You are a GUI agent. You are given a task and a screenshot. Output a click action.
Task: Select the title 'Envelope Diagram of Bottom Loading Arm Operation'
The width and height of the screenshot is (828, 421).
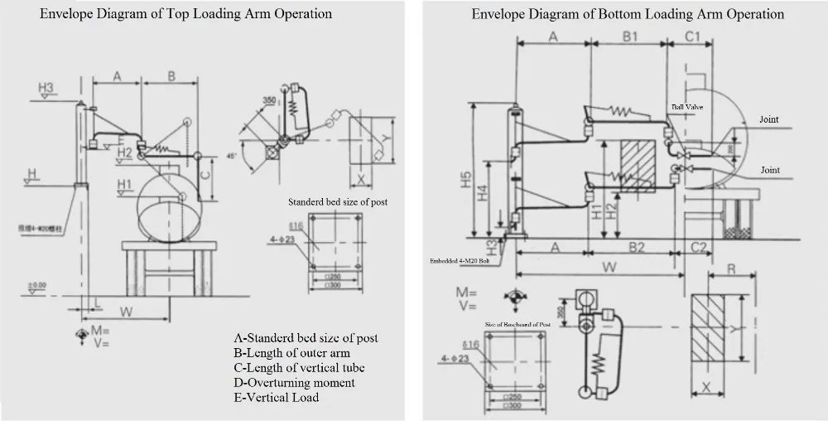coord(628,14)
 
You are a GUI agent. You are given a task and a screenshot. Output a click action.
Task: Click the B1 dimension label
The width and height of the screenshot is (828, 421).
coord(630,36)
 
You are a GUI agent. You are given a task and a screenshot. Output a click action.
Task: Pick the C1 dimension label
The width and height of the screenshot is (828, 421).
coord(694,36)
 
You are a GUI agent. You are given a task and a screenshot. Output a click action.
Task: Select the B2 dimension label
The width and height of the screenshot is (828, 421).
coord(636,247)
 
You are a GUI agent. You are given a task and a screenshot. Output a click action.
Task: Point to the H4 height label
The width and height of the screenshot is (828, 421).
coord(482,196)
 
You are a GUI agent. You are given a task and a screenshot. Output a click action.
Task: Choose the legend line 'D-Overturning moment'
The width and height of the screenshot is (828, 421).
coord(295,382)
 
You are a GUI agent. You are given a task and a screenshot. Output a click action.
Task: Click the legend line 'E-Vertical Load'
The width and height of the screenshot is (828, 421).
coord(277,397)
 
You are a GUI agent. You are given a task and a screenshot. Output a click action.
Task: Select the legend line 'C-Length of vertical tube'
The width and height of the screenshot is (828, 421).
coord(300,367)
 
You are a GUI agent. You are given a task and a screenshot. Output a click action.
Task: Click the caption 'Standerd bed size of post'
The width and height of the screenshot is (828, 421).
coord(337,202)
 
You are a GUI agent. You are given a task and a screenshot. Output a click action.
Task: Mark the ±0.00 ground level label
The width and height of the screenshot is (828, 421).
coord(36,286)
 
